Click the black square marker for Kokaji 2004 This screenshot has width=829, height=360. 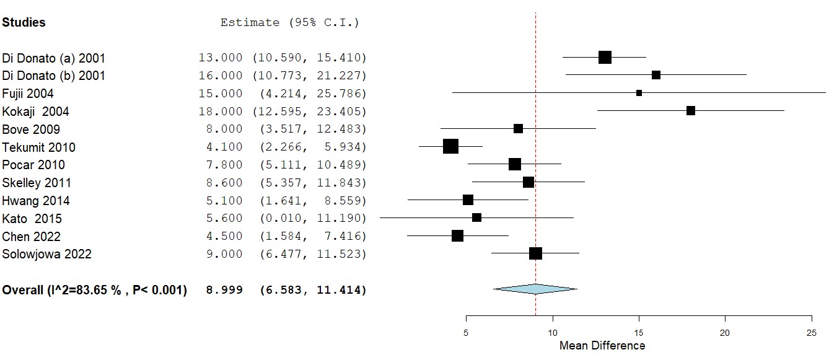(690, 111)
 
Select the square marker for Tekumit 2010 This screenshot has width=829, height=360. (450, 146)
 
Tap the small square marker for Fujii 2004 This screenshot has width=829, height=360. (639, 93)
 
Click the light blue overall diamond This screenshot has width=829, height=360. (535, 289)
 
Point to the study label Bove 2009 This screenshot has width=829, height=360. (31, 130)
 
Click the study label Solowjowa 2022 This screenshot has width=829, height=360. (47, 254)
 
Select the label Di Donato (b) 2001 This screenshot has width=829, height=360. (54, 76)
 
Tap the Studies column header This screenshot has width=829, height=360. (24, 22)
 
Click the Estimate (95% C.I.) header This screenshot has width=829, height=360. (289, 23)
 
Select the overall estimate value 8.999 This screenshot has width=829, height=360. (224, 290)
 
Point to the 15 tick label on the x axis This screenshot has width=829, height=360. (639, 331)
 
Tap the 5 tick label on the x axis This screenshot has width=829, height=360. (466, 331)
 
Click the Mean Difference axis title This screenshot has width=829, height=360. (602, 346)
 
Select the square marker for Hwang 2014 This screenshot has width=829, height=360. (468, 200)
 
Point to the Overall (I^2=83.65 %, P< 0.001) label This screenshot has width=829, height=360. (95, 290)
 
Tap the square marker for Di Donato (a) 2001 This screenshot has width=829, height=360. (605, 58)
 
